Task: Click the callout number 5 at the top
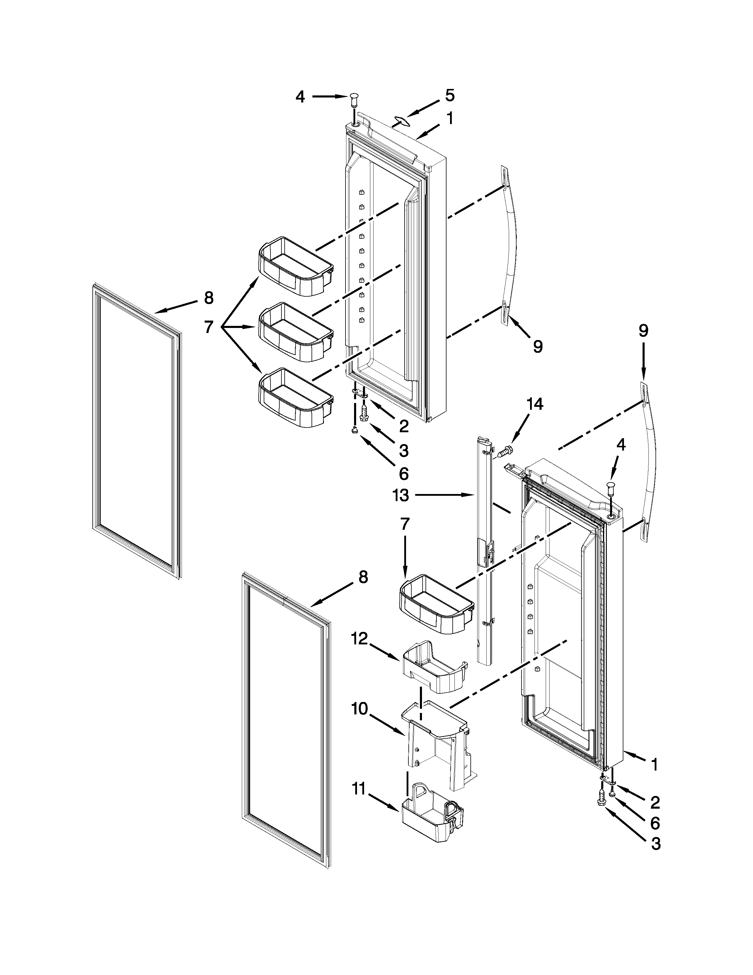tap(450, 95)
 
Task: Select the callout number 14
tap(535, 404)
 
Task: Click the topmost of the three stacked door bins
tap(296, 266)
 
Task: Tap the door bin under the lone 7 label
tap(436, 605)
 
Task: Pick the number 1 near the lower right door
tap(654, 765)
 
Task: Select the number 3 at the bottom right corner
tap(655, 844)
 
